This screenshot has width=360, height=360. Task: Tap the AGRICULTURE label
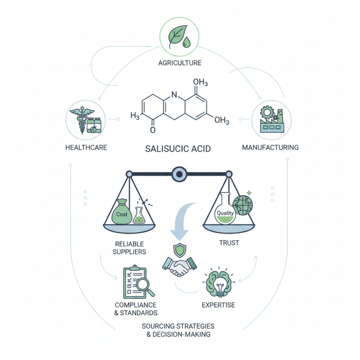pos(180,63)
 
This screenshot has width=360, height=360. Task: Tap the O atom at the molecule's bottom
pos(153,130)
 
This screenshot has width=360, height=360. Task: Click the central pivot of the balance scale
pos(180,173)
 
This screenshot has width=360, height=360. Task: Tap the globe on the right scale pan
pos(243,205)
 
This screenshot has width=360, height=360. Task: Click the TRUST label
pos(230,243)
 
